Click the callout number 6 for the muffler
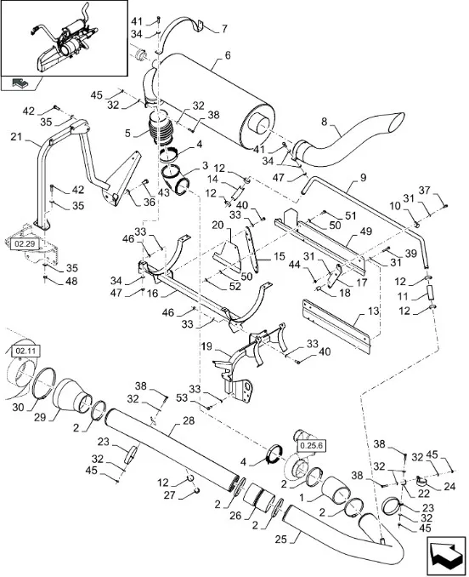coord(228,55)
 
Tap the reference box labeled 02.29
coord(25,243)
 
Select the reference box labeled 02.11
coord(25,351)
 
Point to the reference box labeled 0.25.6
coord(311,445)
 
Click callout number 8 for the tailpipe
coord(324,122)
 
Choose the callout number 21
coord(16,137)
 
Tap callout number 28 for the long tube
coord(189,420)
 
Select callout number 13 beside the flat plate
coord(373,311)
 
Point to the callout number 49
coord(366,231)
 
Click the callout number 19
coord(206,346)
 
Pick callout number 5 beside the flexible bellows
coord(127,133)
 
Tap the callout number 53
coord(182,397)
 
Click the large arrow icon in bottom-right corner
coord(447,556)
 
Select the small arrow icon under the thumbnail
coord(19,83)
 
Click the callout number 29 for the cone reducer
coord(40,418)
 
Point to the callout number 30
coord(18,408)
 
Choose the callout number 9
coord(363,178)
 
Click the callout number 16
coord(152,294)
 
